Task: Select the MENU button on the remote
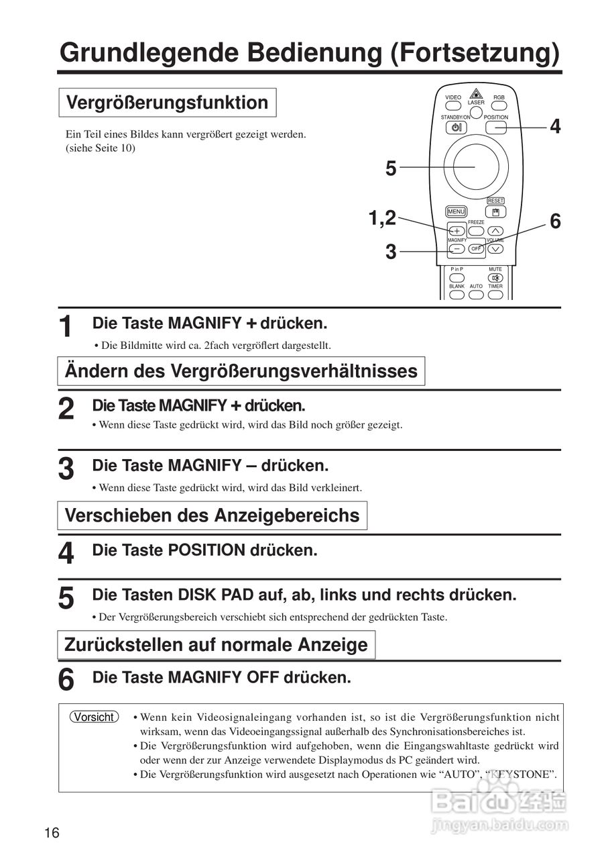click(456, 211)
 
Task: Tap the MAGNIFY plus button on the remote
click(457, 231)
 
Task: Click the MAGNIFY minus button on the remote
click(457, 249)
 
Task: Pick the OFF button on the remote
click(476, 249)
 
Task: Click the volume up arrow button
click(495, 231)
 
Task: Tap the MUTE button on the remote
click(495, 277)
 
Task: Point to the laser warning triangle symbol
click(476, 93)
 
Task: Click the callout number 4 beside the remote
click(555, 126)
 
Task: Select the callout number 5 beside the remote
click(391, 168)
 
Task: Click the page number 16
click(52, 833)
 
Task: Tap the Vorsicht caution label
click(94, 717)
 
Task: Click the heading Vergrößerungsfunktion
click(168, 103)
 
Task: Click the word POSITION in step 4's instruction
click(206, 550)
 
